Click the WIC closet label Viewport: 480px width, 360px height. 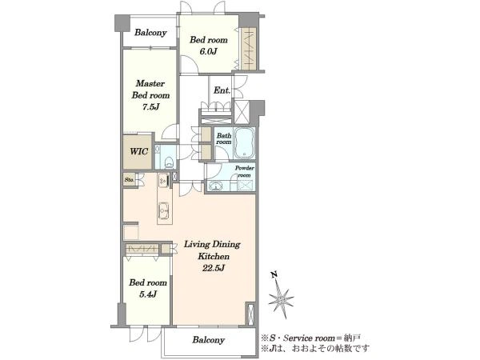point(138,151)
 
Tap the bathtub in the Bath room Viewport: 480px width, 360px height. point(244,143)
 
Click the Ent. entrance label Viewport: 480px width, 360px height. point(222,90)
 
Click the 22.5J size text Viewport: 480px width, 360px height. point(214,269)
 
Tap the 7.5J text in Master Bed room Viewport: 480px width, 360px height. point(150,107)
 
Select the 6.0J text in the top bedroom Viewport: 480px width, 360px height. point(208,51)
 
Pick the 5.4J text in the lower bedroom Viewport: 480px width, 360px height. point(148,294)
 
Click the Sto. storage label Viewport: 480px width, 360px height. point(129,180)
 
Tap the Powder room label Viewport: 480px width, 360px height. point(244,171)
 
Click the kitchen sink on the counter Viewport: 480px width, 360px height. point(163,210)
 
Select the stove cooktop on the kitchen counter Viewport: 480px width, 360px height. point(163,181)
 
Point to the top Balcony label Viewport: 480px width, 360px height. point(150,33)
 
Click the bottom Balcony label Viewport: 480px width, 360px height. point(209,340)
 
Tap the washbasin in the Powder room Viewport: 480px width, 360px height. point(216,186)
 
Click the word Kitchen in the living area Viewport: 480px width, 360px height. point(214,256)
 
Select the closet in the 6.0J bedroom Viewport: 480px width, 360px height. point(248,48)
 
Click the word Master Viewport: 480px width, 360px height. point(150,83)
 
